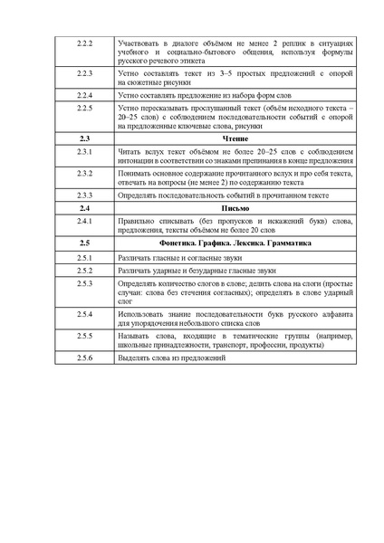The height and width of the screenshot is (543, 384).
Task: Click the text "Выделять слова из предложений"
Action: (x=170, y=359)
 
